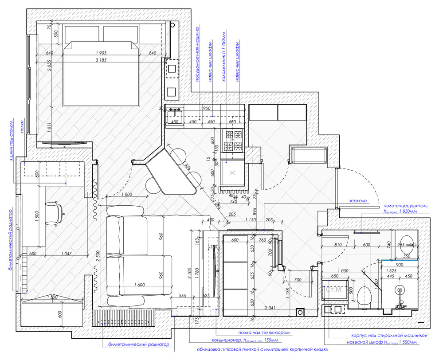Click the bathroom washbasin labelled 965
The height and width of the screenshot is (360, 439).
point(405,243)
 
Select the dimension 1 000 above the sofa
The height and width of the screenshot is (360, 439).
point(126,195)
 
